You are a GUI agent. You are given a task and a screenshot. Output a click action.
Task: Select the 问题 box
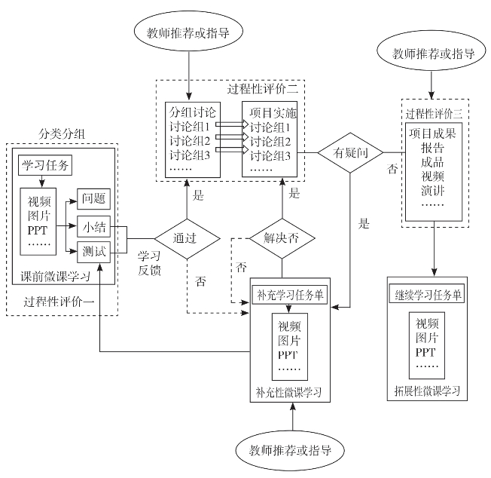[x=94, y=201]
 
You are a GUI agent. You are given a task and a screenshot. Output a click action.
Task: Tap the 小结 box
[x=94, y=225]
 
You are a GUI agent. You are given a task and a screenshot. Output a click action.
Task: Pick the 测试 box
[x=94, y=251]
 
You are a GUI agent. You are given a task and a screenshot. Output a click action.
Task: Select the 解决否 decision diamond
[x=282, y=238]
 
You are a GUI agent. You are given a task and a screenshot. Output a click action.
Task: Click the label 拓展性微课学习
[x=427, y=392]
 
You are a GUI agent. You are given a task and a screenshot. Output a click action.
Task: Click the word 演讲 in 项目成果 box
[x=433, y=188]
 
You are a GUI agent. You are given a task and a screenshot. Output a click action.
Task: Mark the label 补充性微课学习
[x=289, y=394]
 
